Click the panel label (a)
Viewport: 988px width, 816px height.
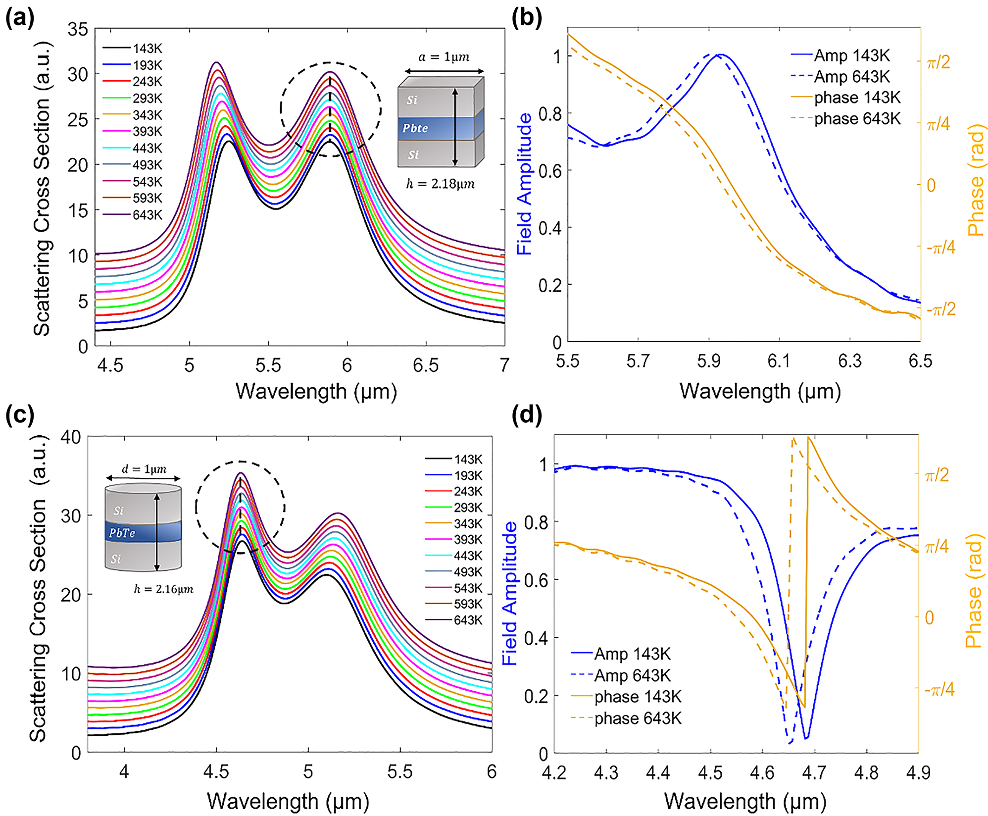(x=20, y=19)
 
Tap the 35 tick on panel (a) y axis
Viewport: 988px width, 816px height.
(x=78, y=30)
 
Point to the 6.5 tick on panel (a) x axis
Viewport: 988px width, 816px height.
(x=425, y=365)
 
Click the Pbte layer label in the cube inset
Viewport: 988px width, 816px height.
(x=415, y=128)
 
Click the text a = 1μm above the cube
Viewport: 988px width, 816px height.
(x=444, y=57)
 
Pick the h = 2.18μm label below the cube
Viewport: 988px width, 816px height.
(x=440, y=184)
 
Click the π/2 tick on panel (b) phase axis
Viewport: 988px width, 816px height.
(x=938, y=62)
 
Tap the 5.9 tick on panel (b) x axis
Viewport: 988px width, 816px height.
(x=708, y=361)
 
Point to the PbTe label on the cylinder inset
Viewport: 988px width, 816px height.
(x=122, y=533)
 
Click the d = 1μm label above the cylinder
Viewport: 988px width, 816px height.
(x=144, y=469)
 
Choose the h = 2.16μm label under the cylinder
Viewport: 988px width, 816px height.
(x=163, y=589)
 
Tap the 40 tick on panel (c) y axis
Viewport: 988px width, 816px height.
(x=70, y=437)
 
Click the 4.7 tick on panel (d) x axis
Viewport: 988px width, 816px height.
(x=814, y=772)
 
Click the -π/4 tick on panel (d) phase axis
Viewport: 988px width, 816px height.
(x=939, y=689)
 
